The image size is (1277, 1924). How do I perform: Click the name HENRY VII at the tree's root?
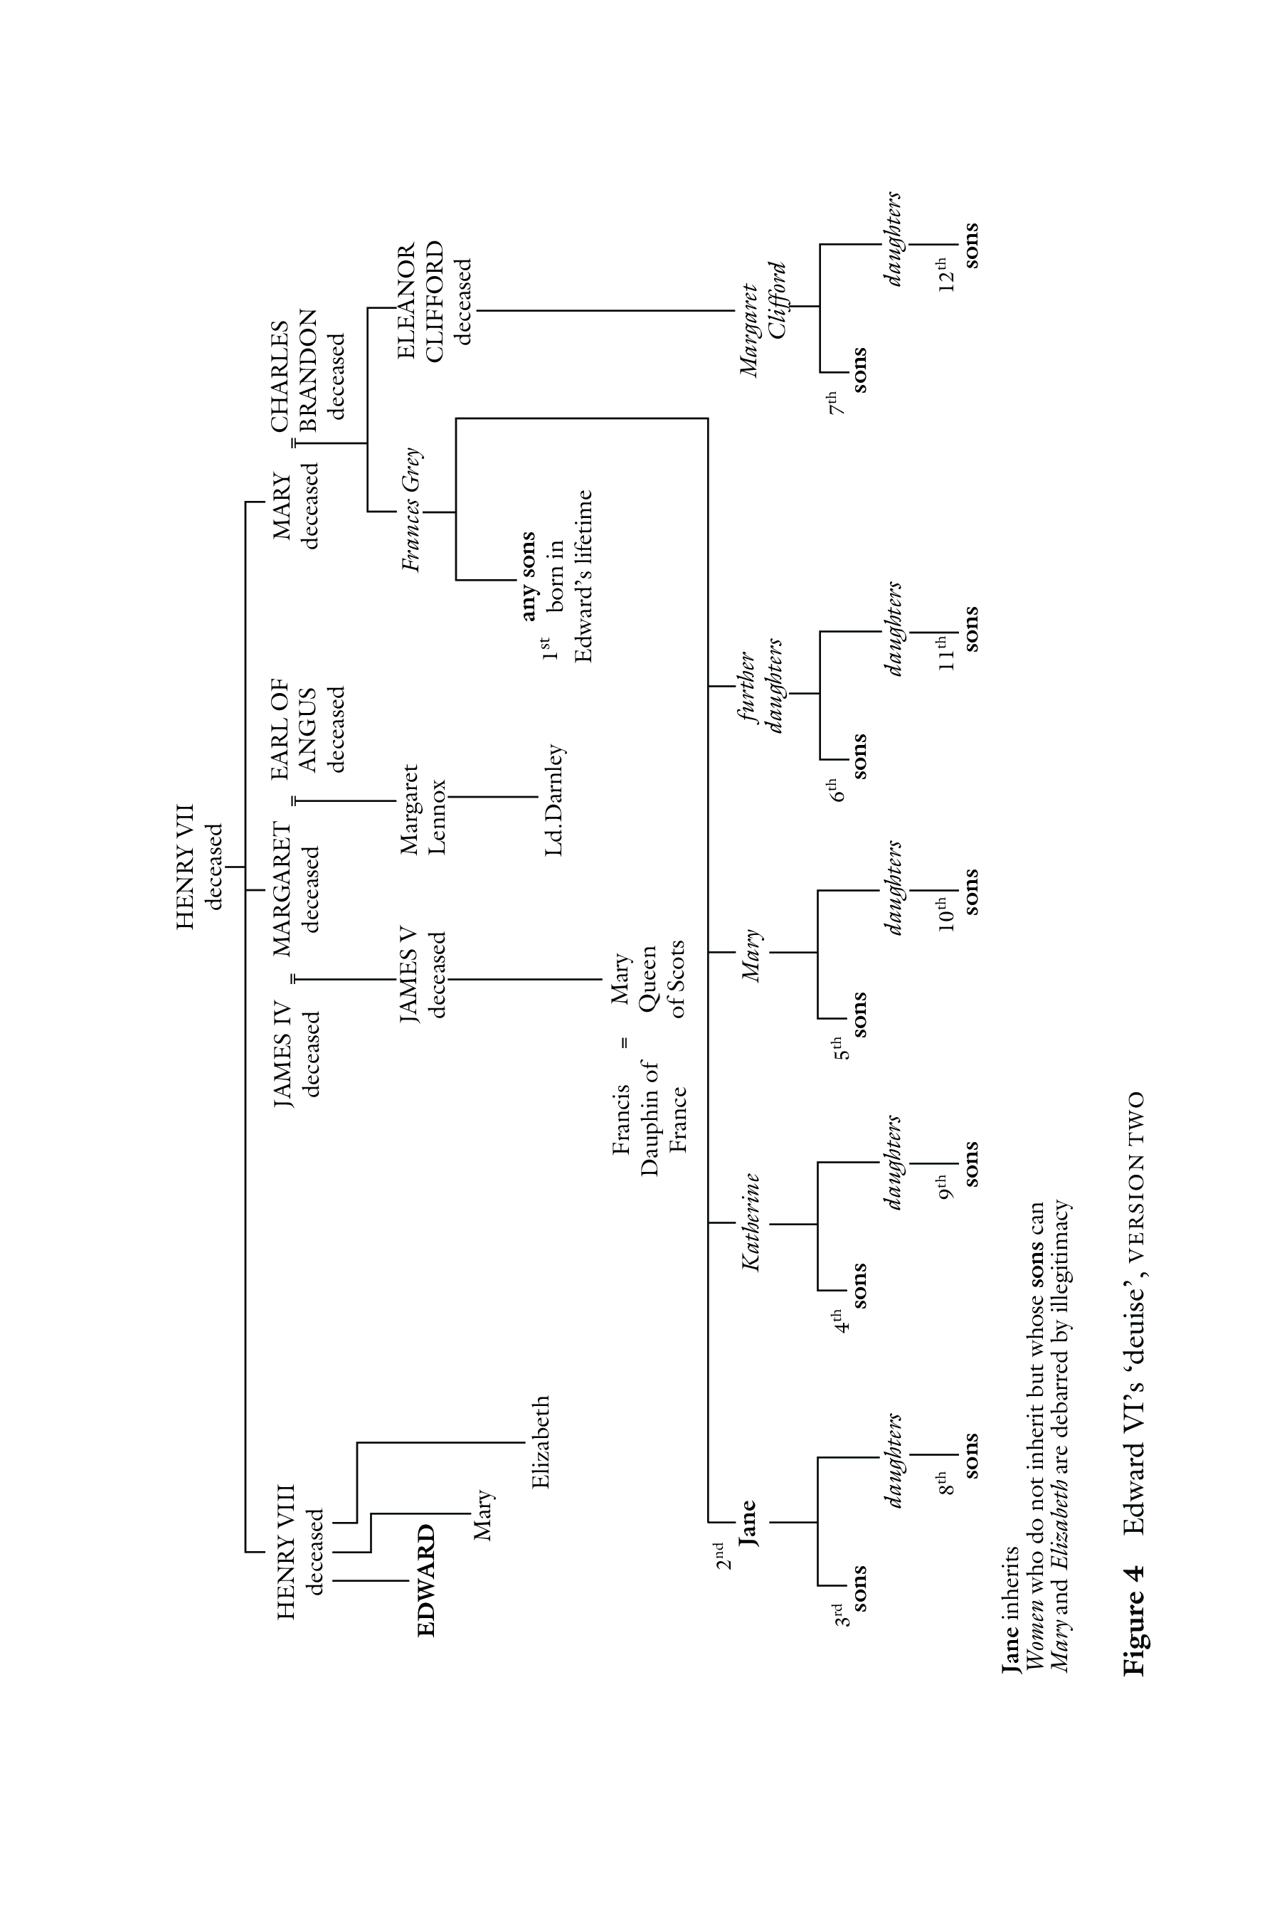186,867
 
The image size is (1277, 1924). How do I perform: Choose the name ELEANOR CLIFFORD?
420,302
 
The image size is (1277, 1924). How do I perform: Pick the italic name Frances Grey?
412,510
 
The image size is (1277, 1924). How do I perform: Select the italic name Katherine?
751,1222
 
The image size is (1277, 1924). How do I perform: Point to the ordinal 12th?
945,275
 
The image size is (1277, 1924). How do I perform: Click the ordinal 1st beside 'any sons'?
549,648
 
